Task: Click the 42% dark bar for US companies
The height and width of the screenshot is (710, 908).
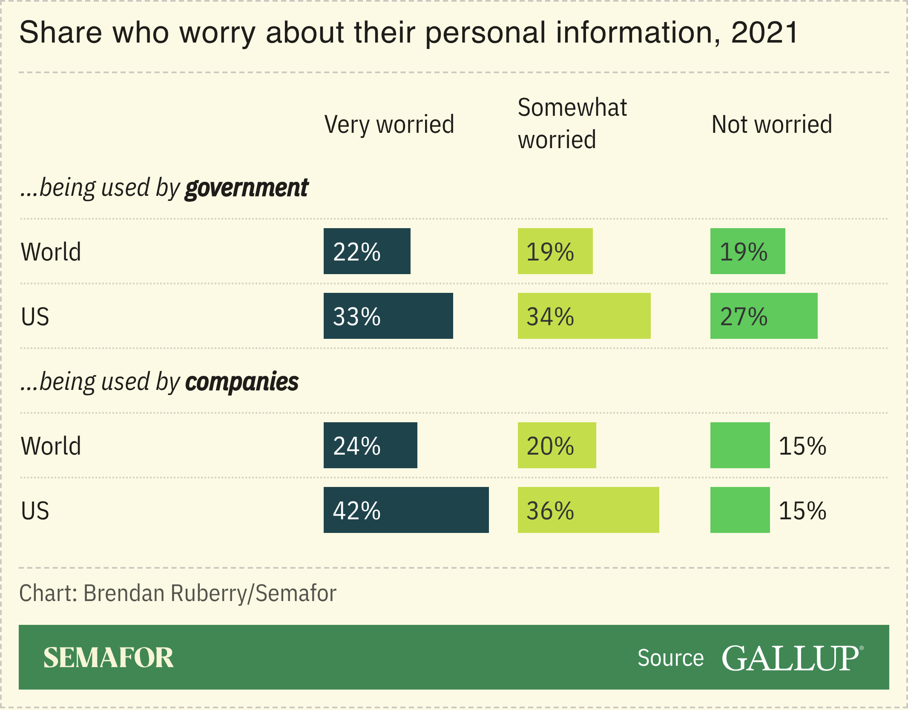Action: tap(406, 510)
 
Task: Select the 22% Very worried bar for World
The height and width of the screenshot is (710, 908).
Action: tap(367, 251)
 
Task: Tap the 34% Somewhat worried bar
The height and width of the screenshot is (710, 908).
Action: tap(584, 316)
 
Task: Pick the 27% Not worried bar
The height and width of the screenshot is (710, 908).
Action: tap(764, 316)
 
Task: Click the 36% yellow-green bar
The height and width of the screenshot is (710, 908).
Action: tap(588, 510)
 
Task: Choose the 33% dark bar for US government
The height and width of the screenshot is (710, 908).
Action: tap(388, 316)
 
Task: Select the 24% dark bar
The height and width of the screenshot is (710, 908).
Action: tap(370, 445)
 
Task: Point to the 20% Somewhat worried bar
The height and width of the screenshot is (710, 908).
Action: tap(557, 445)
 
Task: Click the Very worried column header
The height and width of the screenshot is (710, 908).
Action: tap(389, 124)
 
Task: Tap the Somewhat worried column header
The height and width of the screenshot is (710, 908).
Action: tap(572, 123)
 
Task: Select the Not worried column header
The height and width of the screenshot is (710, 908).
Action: tap(772, 124)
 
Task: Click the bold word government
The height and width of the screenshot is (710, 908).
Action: tap(247, 188)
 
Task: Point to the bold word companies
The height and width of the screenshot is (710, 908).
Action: tap(241, 382)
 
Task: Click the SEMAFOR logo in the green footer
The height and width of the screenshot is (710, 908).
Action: tap(109, 658)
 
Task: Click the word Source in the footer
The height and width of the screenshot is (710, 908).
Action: tap(670, 658)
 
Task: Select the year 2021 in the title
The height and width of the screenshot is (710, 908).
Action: tap(764, 33)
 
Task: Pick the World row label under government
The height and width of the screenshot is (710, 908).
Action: tap(51, 252)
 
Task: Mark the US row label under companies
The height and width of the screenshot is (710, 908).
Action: tap(35, 510)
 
